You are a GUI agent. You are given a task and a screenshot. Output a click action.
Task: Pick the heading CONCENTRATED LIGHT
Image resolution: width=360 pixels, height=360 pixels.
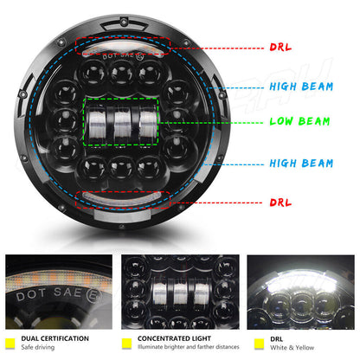[176, 338]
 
